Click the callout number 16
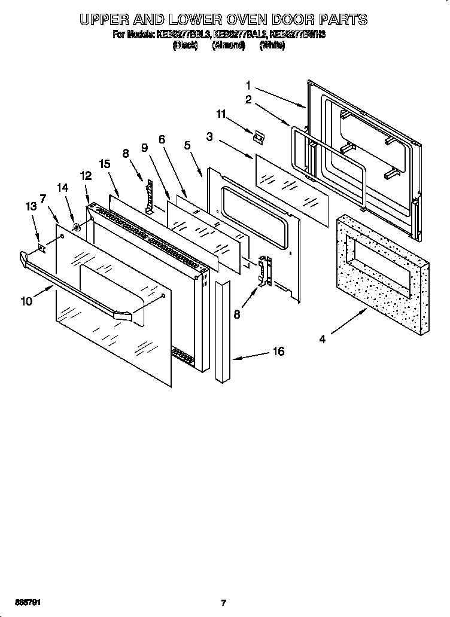278,352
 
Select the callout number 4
322,340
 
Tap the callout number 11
221,113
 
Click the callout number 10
26,301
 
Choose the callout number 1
248,85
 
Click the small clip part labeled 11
258,137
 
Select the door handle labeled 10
78,286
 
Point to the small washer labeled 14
77,227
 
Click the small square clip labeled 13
41,246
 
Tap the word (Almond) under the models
228,45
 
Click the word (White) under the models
272,45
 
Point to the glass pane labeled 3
292,189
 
